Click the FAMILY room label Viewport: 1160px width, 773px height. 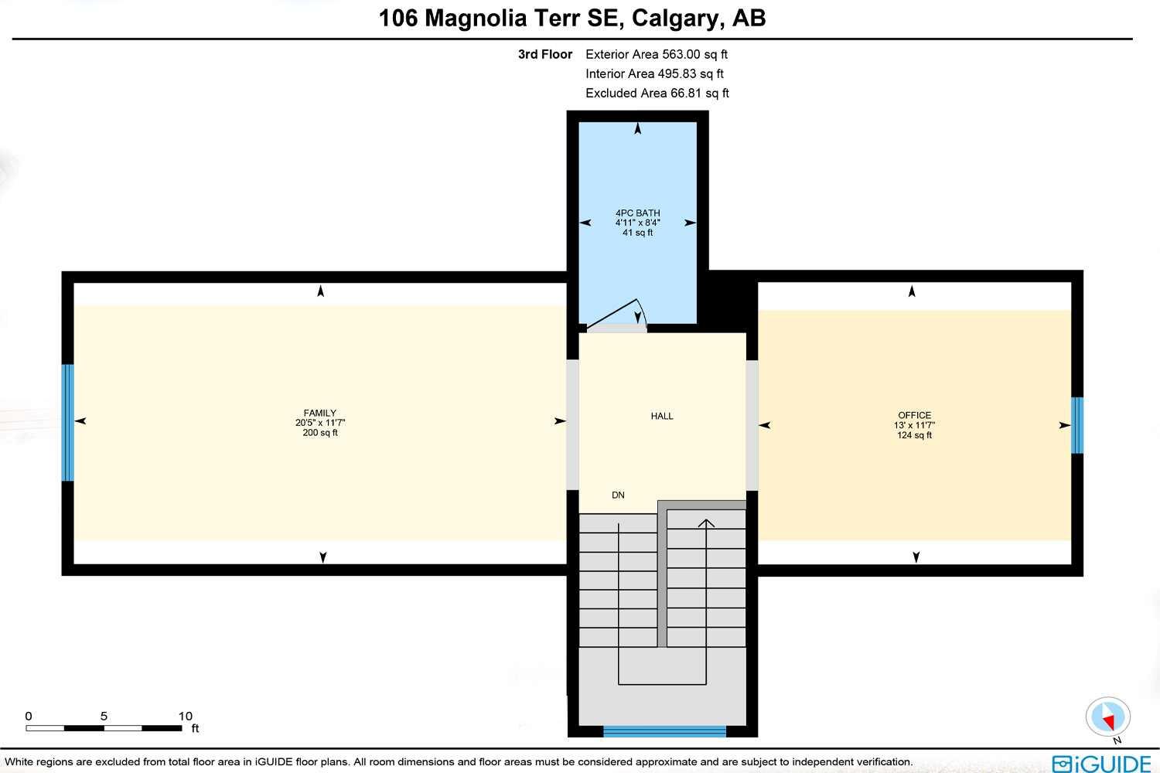click(x=319, y=413)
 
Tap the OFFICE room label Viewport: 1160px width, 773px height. click(x=914, y=415)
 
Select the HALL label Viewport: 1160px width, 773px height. click(x=662, y=416)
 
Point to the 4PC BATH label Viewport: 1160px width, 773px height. click(x=638, y=213)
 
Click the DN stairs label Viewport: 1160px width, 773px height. click(x=618, y=495)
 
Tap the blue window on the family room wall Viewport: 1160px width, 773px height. click(x=68, y=422)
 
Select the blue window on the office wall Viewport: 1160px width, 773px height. click(x=1076, y=425)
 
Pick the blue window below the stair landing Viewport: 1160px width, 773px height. click(x=664, y=731)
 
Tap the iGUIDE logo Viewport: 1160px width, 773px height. click(x=1101, y=764)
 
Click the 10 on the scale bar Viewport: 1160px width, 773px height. click(x=186, y=717)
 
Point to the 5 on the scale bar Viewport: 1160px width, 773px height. click(x=104, y=717)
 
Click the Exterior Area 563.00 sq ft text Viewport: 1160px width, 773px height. click(x=657, y=54)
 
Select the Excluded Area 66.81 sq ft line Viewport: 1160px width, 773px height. click(x=657, y=93)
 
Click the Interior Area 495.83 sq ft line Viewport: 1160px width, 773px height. click(x=654, y=73)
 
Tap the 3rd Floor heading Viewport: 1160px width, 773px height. click(x=545, y=54)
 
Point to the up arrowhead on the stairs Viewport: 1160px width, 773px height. click(x=706, y=523)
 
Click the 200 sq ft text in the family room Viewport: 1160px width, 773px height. click(x=320, y=433)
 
